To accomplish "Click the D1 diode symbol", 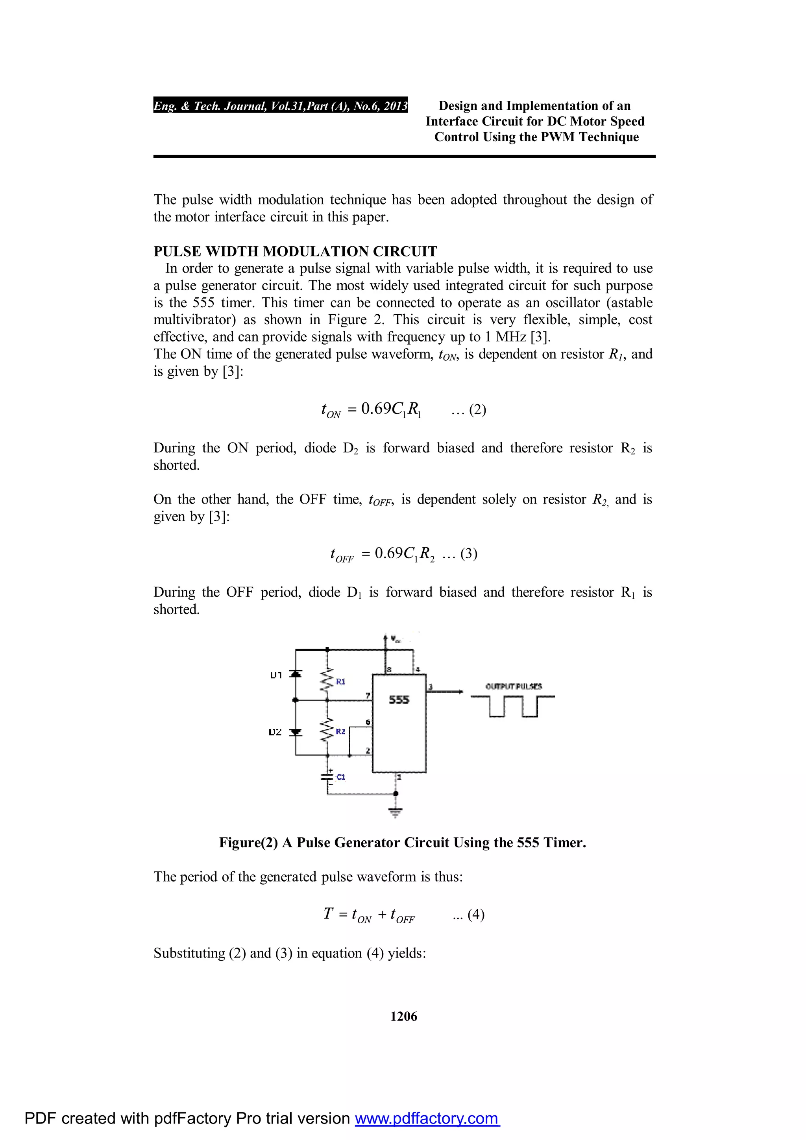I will click(296, 674).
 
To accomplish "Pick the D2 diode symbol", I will click(296, 732).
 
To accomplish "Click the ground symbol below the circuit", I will click(396, 812).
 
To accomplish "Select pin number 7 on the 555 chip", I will click(368, 695).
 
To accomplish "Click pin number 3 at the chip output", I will click(430, 687).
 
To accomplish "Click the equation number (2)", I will click(477, 410).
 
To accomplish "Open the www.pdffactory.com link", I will click(427, 1118).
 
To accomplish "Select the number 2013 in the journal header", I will click(395, 106).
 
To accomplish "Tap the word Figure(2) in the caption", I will click(248, 843).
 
